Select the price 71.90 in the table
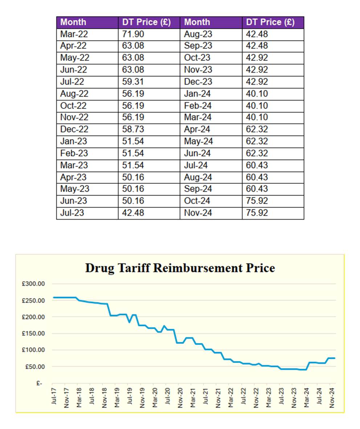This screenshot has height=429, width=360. pyautogui.click(x=133, y=34)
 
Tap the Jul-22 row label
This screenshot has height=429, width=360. pyautogui.click(x=72, y=82)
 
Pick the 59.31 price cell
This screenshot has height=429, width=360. pyautogui.click(x=133, y=82)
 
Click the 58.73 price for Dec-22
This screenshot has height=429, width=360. pyautogui.click(x=133, y=130)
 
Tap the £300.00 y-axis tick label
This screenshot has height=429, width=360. pyautogui.click(x=33, y=284)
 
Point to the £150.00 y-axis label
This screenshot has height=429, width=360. pyautogui.click(x=33, y=334)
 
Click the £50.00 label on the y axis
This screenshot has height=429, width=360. pyautogui.click(x=35, y=367)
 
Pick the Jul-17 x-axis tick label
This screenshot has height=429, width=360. pyautogui.click(x=54, y=396)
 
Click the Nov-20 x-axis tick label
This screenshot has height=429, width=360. pyautogui.click(x=180, y=398)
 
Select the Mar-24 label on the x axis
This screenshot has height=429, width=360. pyautogui.click(x=306, y=397)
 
